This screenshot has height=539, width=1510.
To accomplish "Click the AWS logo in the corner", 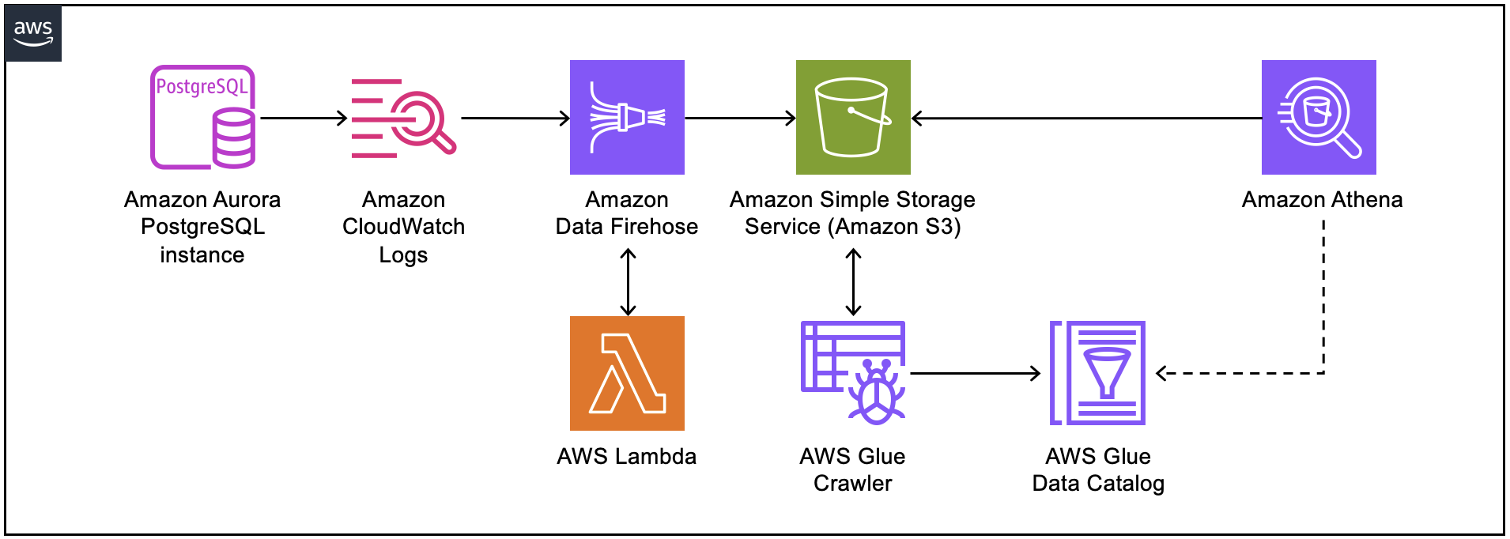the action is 33,33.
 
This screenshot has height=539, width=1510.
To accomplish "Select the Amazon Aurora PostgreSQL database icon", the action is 203,117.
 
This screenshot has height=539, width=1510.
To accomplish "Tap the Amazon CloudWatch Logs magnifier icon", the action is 403,118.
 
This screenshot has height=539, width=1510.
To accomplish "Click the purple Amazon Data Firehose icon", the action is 627,117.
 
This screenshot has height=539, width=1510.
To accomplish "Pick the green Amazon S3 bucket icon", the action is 853,117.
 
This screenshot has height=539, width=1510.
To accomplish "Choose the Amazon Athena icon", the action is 1319,117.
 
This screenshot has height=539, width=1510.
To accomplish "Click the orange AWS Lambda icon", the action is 627,373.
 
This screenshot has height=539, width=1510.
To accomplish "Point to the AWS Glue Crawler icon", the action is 853,372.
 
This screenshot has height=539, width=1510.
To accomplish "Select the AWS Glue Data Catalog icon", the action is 1097,373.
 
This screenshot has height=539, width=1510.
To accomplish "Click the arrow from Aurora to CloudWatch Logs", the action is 304,119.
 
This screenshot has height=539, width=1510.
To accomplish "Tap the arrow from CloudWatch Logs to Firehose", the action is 515,119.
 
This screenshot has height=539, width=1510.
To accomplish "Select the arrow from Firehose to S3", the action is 740,119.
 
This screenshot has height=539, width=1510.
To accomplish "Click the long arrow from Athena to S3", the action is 1086,119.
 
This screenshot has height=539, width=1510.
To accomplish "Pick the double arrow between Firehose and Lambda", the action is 628,282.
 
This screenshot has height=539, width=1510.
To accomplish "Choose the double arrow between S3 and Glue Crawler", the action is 853,282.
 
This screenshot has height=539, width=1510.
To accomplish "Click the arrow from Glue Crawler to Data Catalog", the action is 976,373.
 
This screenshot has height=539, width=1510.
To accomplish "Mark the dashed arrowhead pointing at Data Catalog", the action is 1161,373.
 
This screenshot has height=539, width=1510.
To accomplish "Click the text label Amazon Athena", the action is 1322,200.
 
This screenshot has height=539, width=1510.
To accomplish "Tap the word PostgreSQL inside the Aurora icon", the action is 202,86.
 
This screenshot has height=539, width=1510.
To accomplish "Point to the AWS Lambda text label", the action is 627,456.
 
